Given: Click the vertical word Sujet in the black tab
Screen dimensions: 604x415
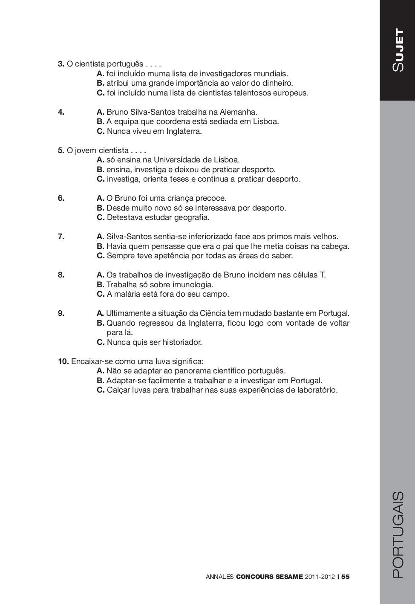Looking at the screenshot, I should click(x=398, y=50).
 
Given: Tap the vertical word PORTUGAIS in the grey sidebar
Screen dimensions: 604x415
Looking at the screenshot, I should click(x=398, y=535).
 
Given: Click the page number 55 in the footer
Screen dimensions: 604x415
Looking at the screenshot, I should click(x=345, y=577).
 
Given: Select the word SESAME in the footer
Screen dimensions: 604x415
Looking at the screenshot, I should click(x=289, y=577).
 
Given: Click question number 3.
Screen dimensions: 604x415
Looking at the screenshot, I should click(x=61, y=64).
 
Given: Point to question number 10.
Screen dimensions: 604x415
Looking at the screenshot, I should click(x=63, y=361).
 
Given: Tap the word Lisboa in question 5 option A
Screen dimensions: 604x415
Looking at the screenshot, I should click(x=227, y=160).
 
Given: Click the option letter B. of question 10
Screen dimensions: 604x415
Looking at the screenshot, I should click(x=101, y=381).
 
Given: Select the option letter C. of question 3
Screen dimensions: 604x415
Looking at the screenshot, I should click(x=101, y=93).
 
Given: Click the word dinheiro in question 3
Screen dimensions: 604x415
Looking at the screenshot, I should click(x=277, y=83).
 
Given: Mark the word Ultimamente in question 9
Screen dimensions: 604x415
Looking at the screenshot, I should click(x=128, y=313).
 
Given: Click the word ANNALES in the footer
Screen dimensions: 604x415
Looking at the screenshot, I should click(x=219, y=577).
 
